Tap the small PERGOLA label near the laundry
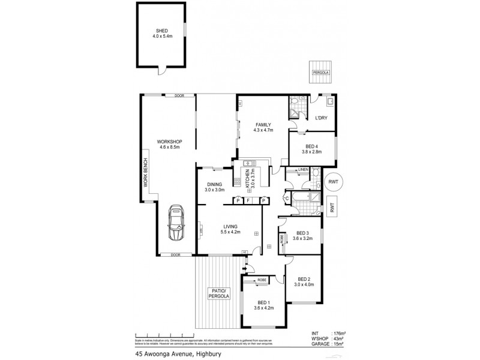pyautogui.click(x=320, y=73)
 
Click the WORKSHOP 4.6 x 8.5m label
pyautogui.click(x=170, y=145)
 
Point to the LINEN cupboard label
pyautogui.click(x=302, y=170)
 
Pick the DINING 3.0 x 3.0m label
pyautogui.click(x=215, y=187)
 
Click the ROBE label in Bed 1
pyautogui.click(x=262, y=280)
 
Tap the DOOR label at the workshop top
pyautogui.click(x=180, y=96)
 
